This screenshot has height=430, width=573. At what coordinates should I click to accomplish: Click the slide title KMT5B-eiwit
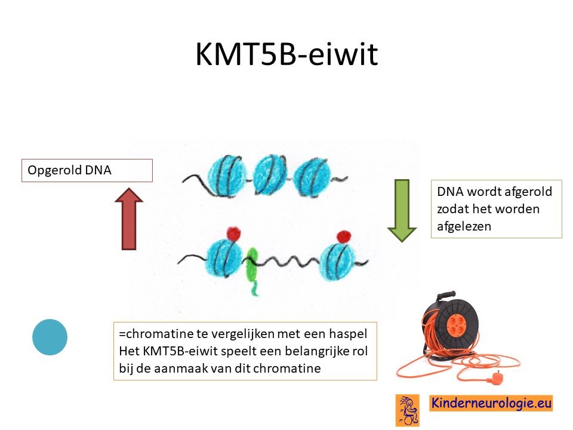[286, 54]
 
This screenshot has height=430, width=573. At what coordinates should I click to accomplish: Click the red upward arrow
[129, 219]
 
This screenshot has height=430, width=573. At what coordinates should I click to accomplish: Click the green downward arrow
[402, 211]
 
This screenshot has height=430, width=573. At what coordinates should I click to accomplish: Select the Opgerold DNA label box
[87, 170]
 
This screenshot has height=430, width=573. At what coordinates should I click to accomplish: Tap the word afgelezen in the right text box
[464, 226]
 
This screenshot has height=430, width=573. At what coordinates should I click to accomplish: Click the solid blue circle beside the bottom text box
[50, 337]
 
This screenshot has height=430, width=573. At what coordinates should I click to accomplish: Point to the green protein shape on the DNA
[252, 270]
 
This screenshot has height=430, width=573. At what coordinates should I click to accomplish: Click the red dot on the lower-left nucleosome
[234, 234]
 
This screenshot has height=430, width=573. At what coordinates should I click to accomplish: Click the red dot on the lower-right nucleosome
[344, 237]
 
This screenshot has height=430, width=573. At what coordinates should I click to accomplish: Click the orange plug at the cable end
[496, 376]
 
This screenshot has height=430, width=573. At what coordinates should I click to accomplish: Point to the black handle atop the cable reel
[446, 294]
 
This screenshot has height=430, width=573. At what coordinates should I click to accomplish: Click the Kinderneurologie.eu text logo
[491, 403]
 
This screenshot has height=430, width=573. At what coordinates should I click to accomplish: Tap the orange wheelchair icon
[408, 410]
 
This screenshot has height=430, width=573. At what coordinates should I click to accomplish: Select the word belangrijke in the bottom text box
[317, 351]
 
